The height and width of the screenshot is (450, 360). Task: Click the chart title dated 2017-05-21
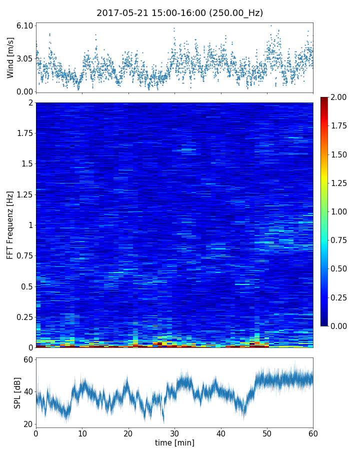tap(179, 13)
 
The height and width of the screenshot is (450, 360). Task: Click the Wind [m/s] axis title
tap(10, 57)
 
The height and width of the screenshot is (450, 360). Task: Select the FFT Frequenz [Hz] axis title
tap(10, 225)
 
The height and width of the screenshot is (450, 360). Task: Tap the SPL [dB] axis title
tap(18, 391)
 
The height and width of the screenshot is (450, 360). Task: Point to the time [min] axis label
tap(174, 442)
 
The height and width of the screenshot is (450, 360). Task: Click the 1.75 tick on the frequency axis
tap(24, 133)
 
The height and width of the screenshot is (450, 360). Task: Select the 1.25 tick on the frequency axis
tap(24, 194)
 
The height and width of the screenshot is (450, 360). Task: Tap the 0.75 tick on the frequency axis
tap(24, 256)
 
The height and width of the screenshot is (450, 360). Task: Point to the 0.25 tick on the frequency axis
tap(24, 317)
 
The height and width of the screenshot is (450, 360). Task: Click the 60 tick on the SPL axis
tap(27, 359)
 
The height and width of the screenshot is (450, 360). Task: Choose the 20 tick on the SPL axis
tap(27, 424)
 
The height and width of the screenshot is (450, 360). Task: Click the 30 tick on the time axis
tap(174, 432)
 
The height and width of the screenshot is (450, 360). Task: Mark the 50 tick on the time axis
tap(267, 432)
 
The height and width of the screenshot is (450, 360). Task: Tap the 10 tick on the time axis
tap(82, 432)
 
